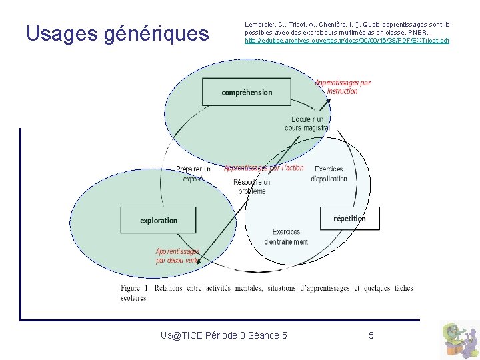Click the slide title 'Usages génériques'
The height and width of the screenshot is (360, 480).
(117, 33)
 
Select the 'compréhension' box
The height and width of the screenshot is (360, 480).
(247, 93)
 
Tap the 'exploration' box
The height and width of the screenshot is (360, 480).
(159, 220)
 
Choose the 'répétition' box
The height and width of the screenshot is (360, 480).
(349, 218)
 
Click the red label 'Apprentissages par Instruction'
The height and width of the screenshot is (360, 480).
(343, 87)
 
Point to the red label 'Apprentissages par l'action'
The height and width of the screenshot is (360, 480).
(264, 168)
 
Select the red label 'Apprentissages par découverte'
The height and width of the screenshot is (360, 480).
(177, 256)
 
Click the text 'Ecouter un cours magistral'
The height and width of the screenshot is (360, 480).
(307, 123)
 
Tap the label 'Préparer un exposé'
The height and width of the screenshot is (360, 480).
(193, 174)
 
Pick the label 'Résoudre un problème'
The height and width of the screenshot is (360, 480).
(251, 187)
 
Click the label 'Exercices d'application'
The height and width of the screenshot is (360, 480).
(329, 174)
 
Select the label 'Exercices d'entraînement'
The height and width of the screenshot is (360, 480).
(286, 237)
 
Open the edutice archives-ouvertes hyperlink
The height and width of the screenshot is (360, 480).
(347, 41)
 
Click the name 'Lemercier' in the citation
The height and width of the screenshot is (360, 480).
(261, 25)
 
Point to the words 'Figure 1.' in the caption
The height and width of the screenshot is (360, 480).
(135, 288)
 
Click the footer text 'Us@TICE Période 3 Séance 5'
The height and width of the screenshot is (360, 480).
(224, 335)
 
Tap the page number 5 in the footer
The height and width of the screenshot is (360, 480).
(371, 335)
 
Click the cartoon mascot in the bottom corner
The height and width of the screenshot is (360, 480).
(459, 339)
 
